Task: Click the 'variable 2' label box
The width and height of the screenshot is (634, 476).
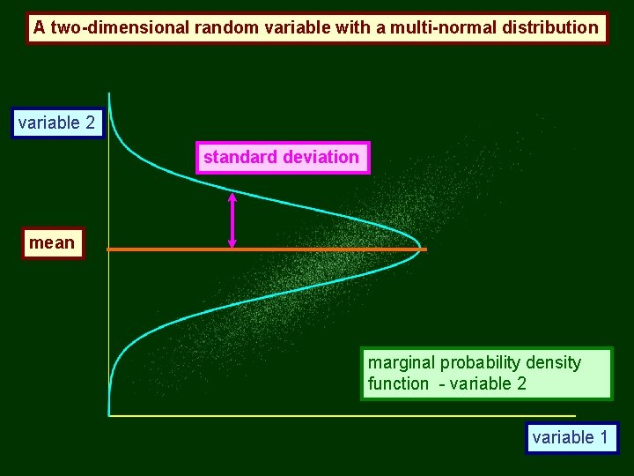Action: [x=56, y=123]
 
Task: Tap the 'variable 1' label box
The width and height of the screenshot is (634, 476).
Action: [x=571, y=437]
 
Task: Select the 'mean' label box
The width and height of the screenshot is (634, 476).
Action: [x=52, y=242]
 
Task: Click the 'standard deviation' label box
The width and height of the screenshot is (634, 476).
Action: [x=281, y=158]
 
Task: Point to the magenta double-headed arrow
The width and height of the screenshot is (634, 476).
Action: [x=232, y=220]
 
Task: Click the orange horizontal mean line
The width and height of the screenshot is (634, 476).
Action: [x=335, y=250]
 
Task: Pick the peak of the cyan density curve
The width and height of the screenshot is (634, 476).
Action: [x=420, y=248]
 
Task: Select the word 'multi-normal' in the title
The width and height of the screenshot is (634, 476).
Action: [x=436, y=27]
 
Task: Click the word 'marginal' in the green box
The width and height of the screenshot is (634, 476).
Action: [x=402, y=363]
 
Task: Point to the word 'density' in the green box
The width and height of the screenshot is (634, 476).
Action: [x=553, y=363]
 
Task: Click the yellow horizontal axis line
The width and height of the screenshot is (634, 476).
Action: [x=352, y=415]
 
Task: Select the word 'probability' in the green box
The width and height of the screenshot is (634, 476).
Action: [x=481, y=363]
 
